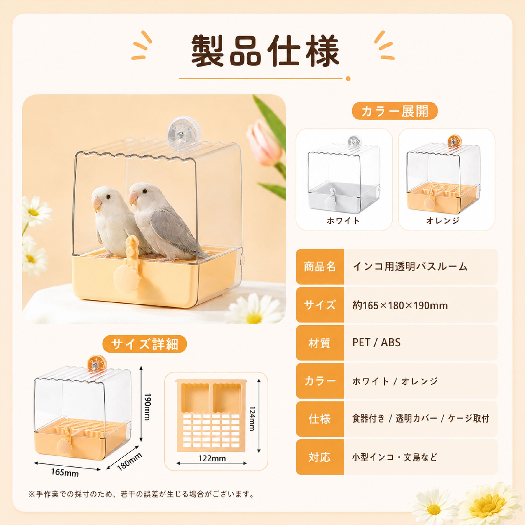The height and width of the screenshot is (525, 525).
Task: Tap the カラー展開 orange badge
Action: tap(395, 111)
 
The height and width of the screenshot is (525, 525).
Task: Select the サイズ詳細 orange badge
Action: tap(145, 344)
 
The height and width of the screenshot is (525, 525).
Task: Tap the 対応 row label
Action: tap(320, 457)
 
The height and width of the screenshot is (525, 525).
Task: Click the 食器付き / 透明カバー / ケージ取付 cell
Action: tap(421, 419)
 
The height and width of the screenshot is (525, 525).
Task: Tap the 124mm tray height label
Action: tap(252, 419)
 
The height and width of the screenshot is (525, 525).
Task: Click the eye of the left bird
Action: tap(108, 196)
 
